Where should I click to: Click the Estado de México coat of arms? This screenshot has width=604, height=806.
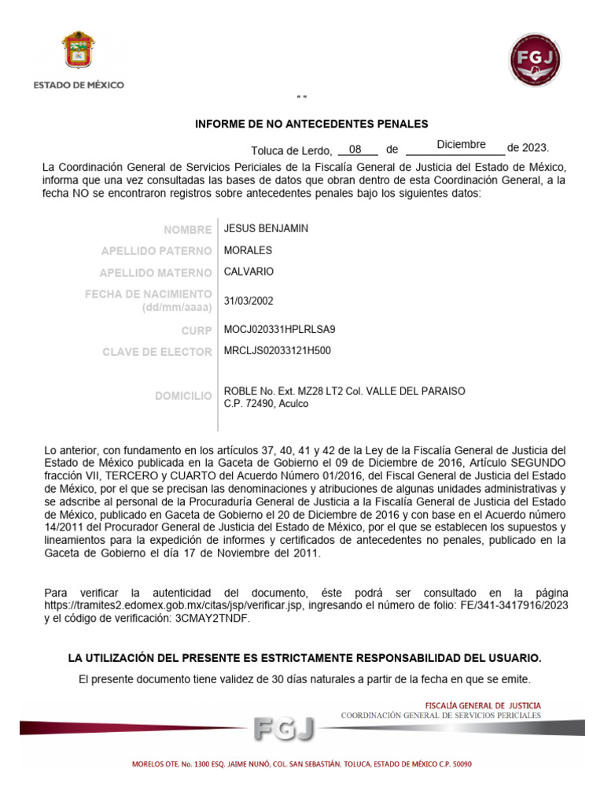pyautogui.click(x=78, y=52)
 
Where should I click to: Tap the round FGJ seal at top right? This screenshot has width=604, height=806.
pyautogui.click(x=536, y=59)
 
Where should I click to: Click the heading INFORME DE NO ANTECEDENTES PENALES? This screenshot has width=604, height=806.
pyautogui.click(x=311, y=124)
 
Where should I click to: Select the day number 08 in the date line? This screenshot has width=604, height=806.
pyautogui.click(x=355, y=148)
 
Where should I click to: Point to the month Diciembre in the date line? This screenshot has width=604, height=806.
pyautogui.click(x=461, y=145)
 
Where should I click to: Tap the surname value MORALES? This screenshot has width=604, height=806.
pyautogui.click(x=248, y=250)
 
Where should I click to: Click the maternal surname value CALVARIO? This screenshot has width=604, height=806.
pyautogui.click(x=249, y=272)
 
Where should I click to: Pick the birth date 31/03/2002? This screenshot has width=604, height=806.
pyautogui.click(x=249, y=301)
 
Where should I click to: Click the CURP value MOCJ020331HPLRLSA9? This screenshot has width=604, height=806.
pyautogui.click(x=274, y=329)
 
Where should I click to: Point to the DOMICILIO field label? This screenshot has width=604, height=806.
pyautogui.click(x=183, y=396)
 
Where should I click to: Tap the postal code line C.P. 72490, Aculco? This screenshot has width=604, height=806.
pyautogui.click(x=266, y=404)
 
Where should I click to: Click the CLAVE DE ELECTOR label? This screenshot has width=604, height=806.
pyautogui.click(x=157, y=352)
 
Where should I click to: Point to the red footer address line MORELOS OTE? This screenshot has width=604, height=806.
pyautogui.click(x=301, y=764)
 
